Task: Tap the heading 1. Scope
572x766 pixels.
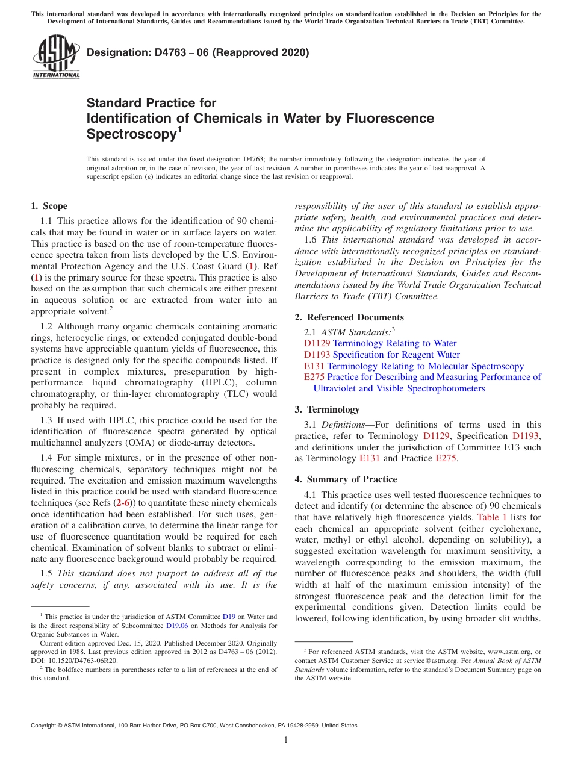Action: pos(49,206)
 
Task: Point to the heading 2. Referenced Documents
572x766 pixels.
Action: pos(349,317)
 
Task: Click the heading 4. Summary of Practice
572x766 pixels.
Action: pos(346,479)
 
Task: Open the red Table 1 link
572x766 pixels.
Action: pos(492,517)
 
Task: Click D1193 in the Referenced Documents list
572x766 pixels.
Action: pos(317,355)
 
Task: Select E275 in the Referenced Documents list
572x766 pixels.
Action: pos(314,377)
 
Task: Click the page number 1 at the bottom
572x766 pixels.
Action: pos(286,740)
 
